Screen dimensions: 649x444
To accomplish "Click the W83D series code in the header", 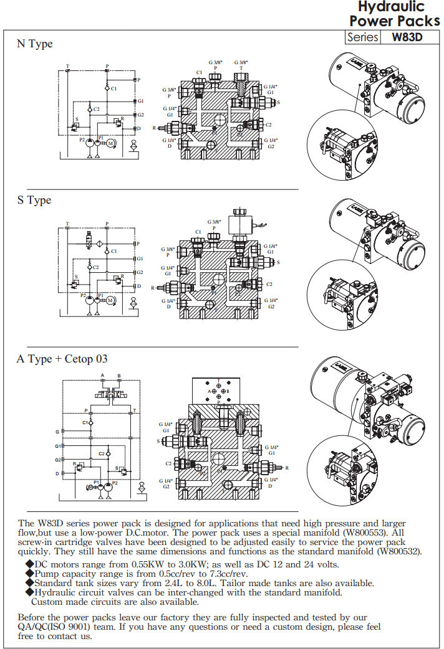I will (x=407, y=37).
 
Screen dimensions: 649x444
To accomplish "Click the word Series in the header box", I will (x=363, y=37).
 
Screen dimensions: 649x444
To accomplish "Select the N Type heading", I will (x=34, y=44).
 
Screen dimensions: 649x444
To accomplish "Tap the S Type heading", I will (x=34, y=201).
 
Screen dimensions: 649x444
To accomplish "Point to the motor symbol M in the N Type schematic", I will (x=111, y=143).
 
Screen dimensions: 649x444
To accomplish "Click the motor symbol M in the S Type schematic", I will (x=110, y=300).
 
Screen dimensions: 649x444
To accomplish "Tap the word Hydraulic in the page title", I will (x=391, y=7).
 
